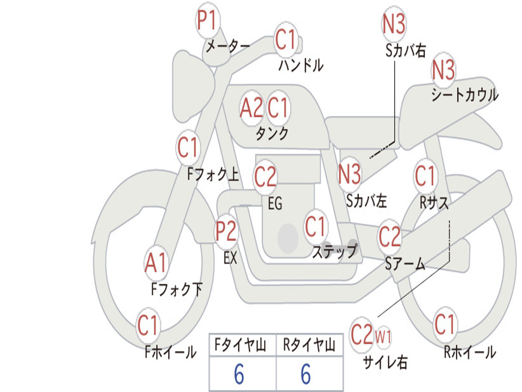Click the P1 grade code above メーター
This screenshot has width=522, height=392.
coord(207,20)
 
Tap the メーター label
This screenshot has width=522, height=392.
coord(228,46)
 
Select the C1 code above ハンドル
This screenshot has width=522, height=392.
coord(285,39)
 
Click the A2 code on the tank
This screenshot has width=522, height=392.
coord(251,108)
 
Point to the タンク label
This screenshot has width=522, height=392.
coord(272,134)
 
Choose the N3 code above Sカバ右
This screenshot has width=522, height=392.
coord(394,23)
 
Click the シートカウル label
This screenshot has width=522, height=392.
coord(465,94)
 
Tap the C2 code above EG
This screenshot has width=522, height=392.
coord(265,177)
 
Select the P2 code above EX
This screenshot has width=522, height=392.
coord(226,231)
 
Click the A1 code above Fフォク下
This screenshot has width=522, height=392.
coord(155,263)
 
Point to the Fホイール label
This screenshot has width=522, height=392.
coord(170,352)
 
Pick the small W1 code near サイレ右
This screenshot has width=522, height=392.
coord(383,337)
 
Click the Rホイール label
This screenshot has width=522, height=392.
coord(469,352)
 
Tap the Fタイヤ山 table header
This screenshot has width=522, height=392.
coord(241,345)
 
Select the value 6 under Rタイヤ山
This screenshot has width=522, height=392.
coord(306,374)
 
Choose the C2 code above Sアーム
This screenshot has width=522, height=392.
coord(389,236)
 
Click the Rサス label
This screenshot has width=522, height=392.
coord(434,202)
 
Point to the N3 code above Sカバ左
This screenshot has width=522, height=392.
coord(349,174)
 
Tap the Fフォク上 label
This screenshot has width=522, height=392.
coord(213,174)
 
